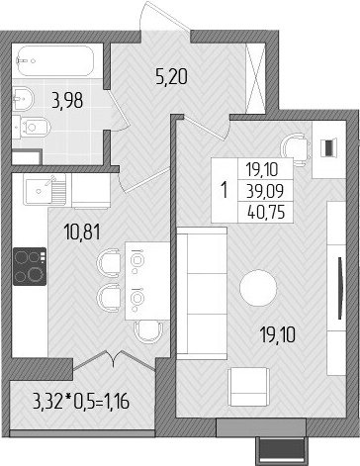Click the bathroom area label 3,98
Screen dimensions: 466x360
tap(67, 99)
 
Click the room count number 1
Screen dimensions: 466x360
tap(225, 188)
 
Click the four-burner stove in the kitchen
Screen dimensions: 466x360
tap(29, 265)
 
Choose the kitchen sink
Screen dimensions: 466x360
tap(41, 188)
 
